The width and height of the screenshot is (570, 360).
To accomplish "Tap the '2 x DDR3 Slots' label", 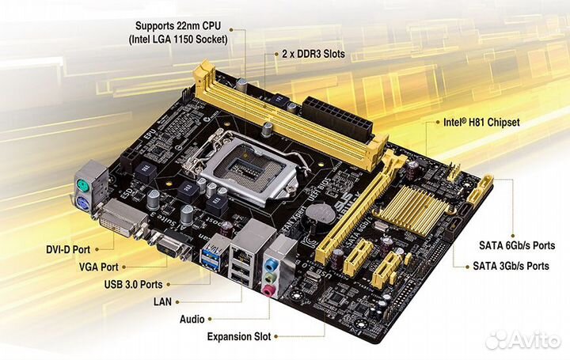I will (x=312, y=54).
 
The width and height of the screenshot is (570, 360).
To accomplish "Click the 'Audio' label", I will (x=193, y=319).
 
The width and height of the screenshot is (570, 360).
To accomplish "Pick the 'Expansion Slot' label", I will (x=238, y=336).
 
